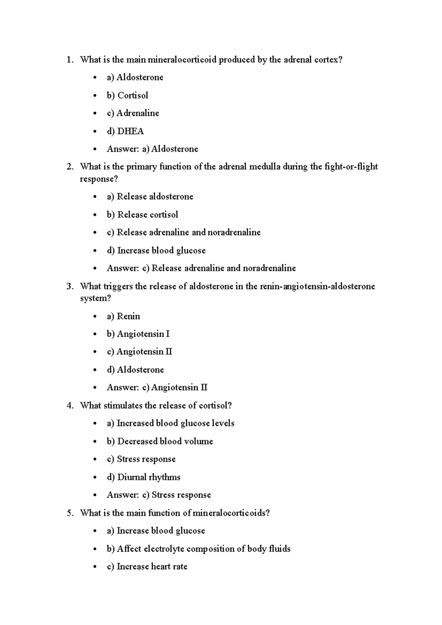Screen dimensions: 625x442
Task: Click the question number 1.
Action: [70, 60]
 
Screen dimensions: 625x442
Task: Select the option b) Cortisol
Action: [127, 95]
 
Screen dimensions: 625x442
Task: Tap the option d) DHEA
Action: [125, 131]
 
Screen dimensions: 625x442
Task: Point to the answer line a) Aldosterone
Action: [152, 149]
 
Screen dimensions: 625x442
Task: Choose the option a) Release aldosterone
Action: [150, 196]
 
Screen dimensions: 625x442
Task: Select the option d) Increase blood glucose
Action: [156, 251]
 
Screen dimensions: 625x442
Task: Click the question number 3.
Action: [70, 286]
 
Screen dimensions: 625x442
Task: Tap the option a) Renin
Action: [123, 316]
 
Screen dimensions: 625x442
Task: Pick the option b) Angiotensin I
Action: [138, 334]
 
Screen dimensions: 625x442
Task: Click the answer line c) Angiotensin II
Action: [157, 388]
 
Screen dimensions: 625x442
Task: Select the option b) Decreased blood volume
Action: [160, 441]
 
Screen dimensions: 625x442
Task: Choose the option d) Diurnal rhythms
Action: [143, 477]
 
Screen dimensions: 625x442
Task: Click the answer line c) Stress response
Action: [159, 495]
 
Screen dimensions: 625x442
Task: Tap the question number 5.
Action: [70, 513]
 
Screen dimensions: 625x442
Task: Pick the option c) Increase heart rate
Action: [147, 566]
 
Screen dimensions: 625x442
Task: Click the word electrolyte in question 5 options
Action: [164, 549]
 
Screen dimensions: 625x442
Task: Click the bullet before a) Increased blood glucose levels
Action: [95, 424]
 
